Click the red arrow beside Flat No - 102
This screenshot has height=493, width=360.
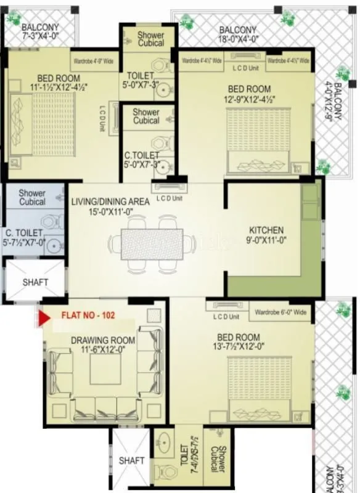click(x=44, y=318)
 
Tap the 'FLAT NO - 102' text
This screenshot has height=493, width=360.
click(x=88, y=315)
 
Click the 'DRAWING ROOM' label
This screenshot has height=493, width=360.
click(x=103, y=340)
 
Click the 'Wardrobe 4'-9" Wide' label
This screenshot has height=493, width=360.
click(x=94, y=62)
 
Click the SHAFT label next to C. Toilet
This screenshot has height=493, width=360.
click(x=35, y=282)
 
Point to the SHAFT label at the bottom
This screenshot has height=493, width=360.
click(x=131, y=460)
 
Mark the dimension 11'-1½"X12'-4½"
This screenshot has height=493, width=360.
click(x=59, y=88)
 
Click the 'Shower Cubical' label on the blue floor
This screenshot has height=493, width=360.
click(x=32, y=197)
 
